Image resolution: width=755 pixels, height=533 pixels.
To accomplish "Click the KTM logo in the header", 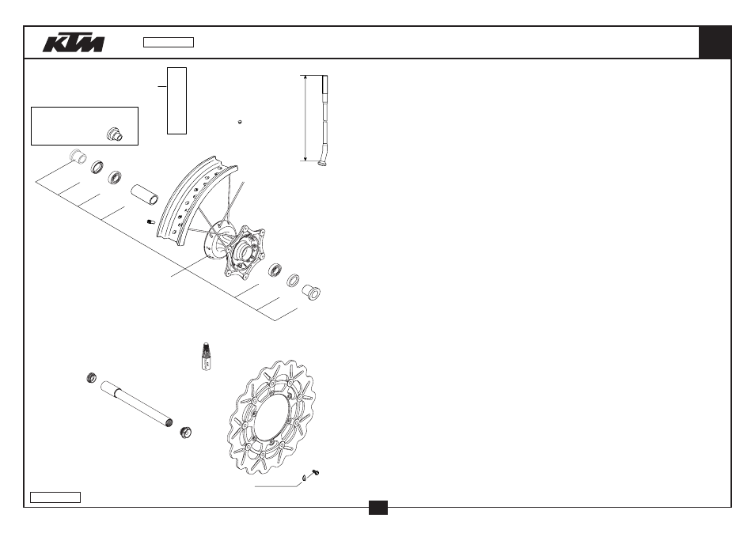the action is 74,43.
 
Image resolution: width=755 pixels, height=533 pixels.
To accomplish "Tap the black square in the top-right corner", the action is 715,43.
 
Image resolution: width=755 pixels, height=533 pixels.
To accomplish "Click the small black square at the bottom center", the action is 378,508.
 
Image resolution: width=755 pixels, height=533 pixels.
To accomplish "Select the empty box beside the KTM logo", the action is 169,43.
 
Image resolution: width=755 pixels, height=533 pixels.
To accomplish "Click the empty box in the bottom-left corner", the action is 55,497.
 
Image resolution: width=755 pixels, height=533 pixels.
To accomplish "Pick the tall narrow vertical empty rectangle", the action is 176,101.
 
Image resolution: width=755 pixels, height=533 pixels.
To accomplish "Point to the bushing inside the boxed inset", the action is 115,134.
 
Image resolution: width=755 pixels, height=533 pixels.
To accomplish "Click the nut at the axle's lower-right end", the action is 186,432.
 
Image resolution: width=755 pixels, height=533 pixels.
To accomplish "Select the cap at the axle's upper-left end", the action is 92,378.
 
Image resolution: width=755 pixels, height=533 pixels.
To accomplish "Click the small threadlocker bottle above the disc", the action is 206,356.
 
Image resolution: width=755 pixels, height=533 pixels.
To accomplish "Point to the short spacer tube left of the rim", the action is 145,194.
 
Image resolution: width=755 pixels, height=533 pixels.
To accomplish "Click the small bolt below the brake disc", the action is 316,473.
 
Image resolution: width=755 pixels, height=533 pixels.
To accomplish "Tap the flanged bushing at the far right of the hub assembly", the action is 311,292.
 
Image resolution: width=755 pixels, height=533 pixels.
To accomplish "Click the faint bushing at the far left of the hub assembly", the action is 77,156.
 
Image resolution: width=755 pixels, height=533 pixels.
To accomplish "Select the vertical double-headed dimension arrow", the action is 305,118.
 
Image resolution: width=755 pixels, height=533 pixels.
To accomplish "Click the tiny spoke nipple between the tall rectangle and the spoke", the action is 240,123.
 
